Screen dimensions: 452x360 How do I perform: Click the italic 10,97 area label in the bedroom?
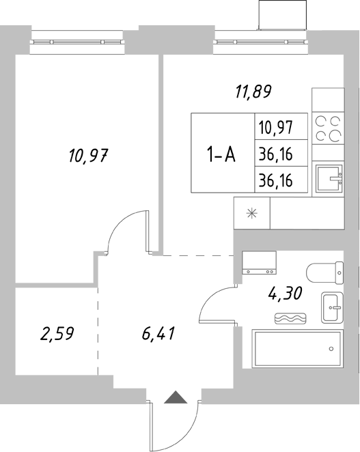pos(89,156)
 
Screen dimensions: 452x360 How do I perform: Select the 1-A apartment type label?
pos(221,155)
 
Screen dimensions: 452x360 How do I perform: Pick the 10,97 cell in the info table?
pos(275,127)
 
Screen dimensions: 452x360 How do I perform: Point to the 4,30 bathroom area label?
pos(285,295)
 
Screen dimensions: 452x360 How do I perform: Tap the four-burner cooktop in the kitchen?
pos(328,129)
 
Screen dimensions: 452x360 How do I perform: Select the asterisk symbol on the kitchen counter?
pos(252,213)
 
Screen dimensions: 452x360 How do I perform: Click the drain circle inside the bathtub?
pos(331,349)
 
